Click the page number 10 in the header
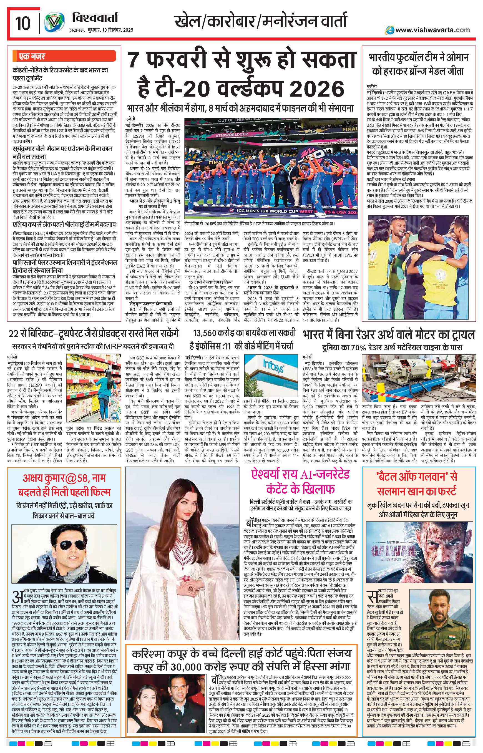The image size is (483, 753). pos(23,24)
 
